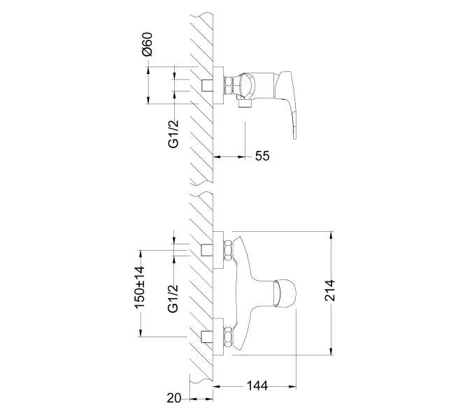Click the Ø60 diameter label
coord(148,44)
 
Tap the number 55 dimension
coord(262,156)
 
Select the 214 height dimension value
coord(330,290)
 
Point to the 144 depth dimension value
coord(257,385)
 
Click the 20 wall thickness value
coord(174,398)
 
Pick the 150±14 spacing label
coord(140,287)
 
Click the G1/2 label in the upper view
coord(173,134)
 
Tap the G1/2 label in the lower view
coord(173,299)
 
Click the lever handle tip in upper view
coord(295,138)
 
